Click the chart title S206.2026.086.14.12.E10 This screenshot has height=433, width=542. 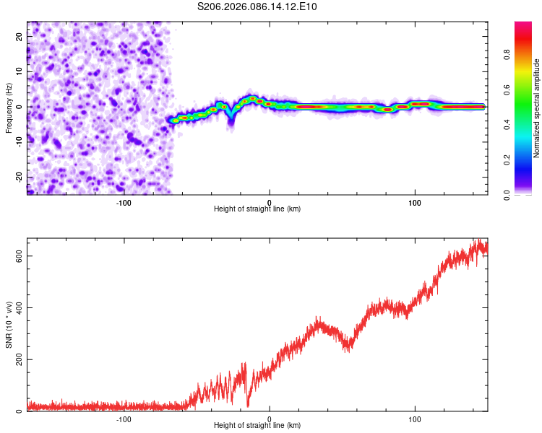click(x=257, y=6)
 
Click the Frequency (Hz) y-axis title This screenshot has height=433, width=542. click(x=9, y=108)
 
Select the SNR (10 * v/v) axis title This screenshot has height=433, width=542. click(x=9, y=324)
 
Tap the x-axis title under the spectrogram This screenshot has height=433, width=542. click(x=257, y=209)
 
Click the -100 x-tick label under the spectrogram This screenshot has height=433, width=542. click(x=124, y=202)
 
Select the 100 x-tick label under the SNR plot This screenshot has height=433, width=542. click(x=416, y=419)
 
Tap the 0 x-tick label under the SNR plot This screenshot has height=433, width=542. click(x=270, y=419)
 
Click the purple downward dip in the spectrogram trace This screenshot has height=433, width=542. click(x=231, y=121)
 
